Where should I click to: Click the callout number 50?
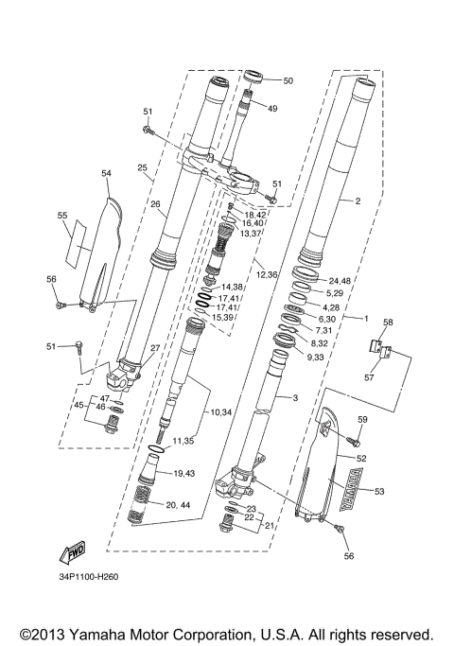[288, 81]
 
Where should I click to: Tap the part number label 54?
[106, 173]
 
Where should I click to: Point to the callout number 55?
[62, 216]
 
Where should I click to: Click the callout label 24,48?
[340, 281]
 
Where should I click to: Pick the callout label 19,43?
[184, 473]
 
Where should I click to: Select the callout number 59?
[362, 419]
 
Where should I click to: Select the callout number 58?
[386, 323]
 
